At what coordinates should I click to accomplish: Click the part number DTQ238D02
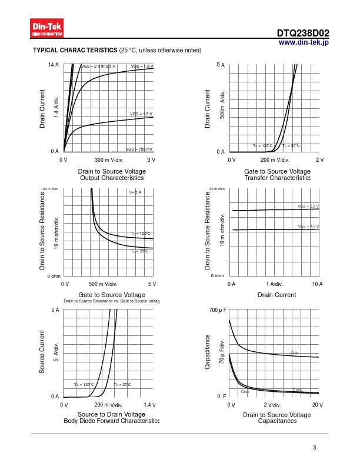point(303,34)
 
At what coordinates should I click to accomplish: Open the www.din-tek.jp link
point(304,42)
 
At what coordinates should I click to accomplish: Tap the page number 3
point(315,448)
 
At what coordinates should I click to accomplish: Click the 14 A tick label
point(54,64)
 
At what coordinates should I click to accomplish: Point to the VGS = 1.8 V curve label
point(142,66)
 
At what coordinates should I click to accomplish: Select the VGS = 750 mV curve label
point(139,149)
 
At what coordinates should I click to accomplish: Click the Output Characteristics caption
point(112,178)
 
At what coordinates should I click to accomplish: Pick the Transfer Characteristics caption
point(277,178)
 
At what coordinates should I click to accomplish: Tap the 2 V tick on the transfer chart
point(320,160)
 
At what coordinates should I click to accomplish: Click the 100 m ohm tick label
point(50,189)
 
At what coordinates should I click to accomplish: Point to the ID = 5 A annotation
point(135,192)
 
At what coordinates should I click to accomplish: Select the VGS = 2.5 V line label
point(308,207)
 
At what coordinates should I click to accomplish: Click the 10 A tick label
point(317,284)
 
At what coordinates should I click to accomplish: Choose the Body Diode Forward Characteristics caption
point(112,421)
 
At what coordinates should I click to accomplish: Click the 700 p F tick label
point(218,310)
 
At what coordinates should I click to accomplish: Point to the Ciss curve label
point(295,353)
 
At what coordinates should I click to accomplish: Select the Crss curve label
point(245,391)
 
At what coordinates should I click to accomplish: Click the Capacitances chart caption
point(277,421)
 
